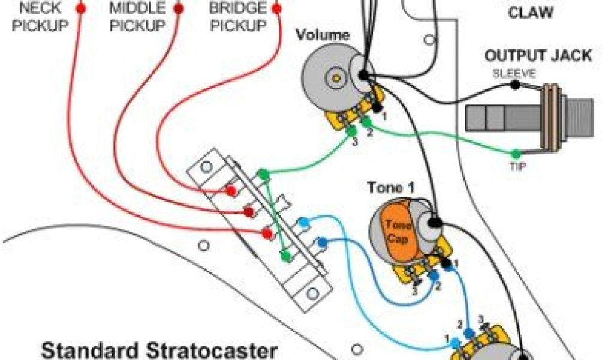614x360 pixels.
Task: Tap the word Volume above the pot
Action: point(323,35)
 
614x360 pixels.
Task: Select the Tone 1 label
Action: point(391,188)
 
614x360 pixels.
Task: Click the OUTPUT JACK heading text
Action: point(538,56)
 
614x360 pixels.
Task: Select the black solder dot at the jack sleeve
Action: point(514,85)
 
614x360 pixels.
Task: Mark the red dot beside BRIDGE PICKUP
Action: point(276,8)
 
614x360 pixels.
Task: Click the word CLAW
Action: point(530,13)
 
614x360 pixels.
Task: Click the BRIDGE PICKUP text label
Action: point(237,17)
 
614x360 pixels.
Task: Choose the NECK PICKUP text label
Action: point(41,17)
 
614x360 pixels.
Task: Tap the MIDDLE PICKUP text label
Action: point(137,17)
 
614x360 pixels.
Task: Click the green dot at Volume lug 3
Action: point(351,131)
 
